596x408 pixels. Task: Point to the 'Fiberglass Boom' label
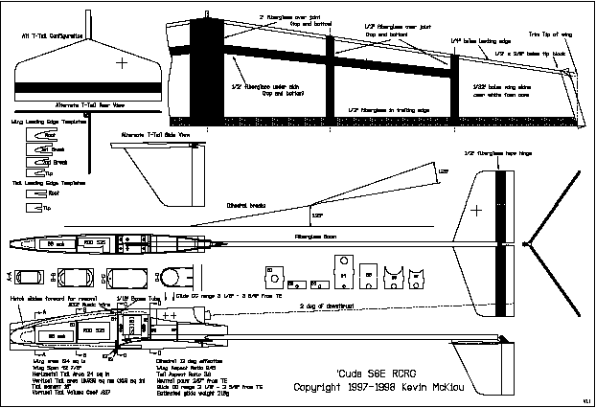pyautogui.click(x=305, y=236)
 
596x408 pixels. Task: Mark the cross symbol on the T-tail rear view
pyautogui.click(x=122, y=64)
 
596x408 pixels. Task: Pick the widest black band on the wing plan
pyautogui.click(x=204, y=72)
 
